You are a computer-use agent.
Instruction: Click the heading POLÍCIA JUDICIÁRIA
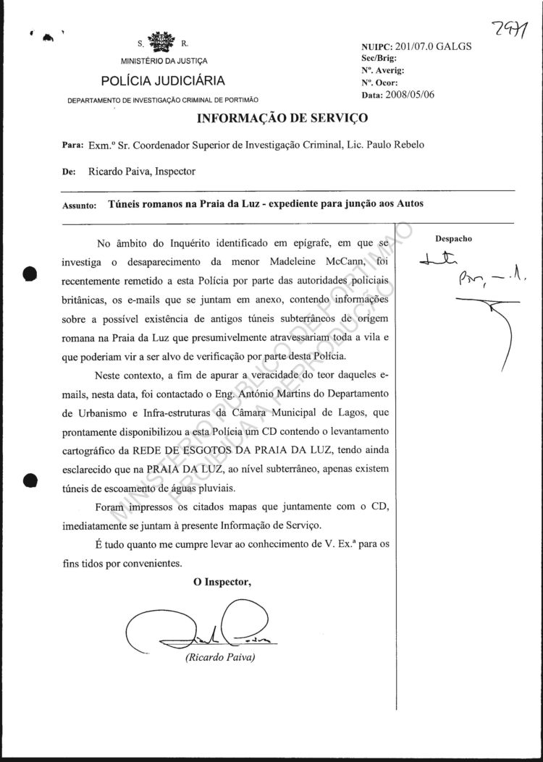[163, 80]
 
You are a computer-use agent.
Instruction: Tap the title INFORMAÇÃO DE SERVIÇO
[282, 117]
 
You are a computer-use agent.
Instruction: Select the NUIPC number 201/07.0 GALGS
[429, 47]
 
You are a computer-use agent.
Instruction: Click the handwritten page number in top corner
[509, 29]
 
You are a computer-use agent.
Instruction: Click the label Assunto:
[80, 206]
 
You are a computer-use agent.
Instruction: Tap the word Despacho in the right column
[454, 238]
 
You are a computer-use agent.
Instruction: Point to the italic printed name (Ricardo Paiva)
[220, 658]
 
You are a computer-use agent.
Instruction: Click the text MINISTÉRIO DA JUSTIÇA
[164, 61]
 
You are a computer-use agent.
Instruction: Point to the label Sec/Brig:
[376, 58]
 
